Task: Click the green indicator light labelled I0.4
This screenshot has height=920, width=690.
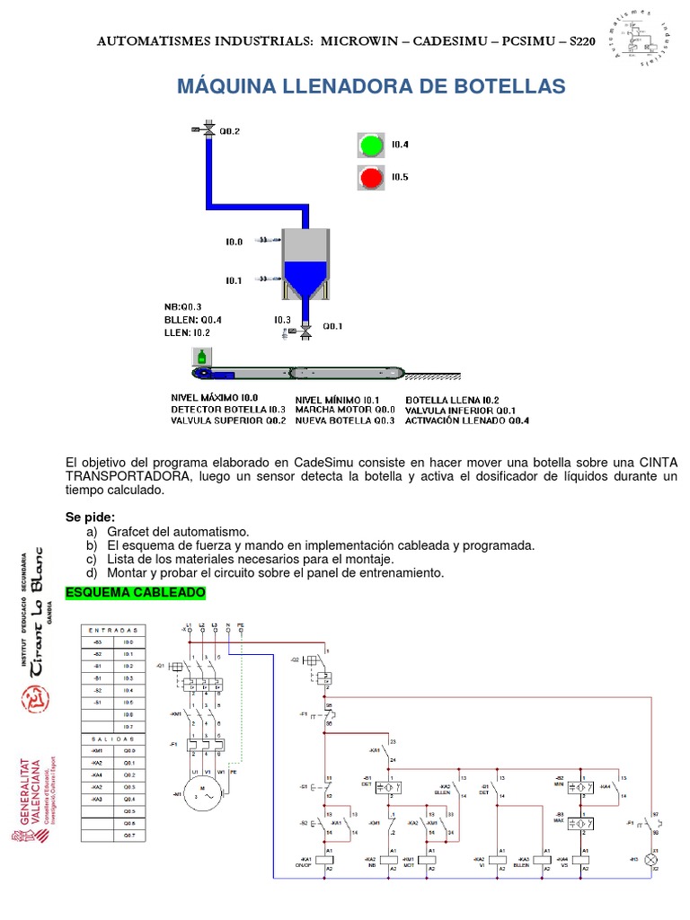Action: point(370,145)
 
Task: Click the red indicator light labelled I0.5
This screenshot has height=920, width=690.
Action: point(370,178)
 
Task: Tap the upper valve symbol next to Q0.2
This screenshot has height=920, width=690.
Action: point(208,131)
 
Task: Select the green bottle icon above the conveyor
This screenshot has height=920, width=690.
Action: point(201,357)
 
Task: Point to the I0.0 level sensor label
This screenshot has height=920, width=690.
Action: point(234,242)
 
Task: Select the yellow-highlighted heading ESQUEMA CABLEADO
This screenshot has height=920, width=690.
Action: point(136,593)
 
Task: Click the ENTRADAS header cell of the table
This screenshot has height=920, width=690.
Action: point(113,631)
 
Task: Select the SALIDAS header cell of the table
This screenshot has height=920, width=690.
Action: point(113,738)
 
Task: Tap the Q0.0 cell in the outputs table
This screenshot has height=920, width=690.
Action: point(128,749)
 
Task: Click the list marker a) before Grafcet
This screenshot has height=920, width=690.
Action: point(91,533)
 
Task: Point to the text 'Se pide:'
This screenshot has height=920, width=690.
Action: point(91,517)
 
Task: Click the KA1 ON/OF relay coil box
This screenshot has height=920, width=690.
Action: point(330,859)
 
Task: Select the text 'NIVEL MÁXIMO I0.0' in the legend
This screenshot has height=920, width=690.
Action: point(215,398)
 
